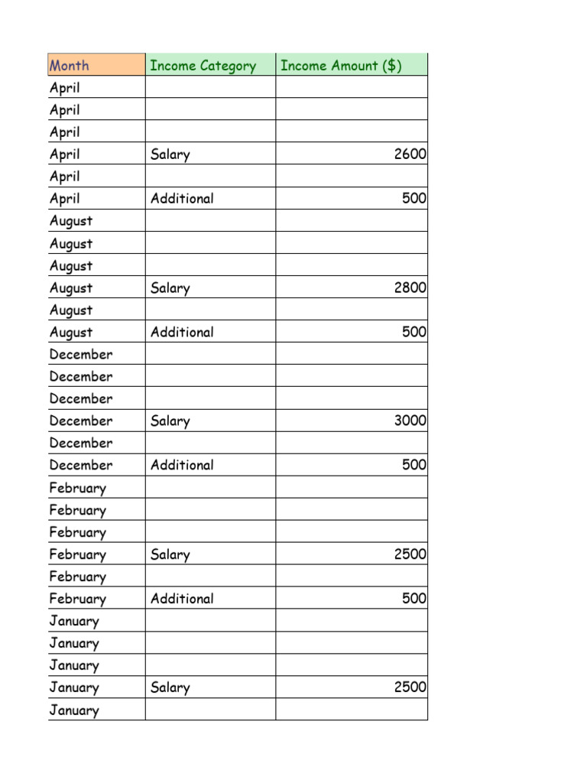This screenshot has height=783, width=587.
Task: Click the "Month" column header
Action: point(70,66)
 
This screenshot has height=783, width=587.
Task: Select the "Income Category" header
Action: point(203,66)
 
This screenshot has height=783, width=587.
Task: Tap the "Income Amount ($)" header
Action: point(341,66)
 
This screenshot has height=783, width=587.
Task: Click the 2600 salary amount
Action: point(410,154)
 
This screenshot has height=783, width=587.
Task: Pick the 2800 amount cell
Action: point(410,288)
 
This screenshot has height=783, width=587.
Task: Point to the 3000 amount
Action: point(410,421)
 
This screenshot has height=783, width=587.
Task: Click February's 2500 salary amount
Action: point(410,554)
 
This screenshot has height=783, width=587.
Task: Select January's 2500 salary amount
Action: point(410,687)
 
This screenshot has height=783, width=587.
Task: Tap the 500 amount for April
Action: point(414,199)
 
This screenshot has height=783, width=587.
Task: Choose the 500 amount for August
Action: point(414,333)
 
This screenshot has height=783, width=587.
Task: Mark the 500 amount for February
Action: point(414,599)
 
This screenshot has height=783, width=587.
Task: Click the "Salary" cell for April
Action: point(170,154)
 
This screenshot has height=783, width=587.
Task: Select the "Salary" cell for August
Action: point(170,288)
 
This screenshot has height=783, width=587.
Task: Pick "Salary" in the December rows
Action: point(170,421)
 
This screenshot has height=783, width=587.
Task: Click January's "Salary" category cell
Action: point(170,687)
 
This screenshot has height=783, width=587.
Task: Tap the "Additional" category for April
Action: point(182,199)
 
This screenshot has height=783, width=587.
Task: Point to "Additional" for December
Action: point(182,465)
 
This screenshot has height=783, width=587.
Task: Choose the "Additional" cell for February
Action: point(182,599)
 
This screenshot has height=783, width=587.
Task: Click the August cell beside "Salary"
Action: point(71,288)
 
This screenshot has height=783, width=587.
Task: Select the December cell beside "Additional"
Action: point(81,465)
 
